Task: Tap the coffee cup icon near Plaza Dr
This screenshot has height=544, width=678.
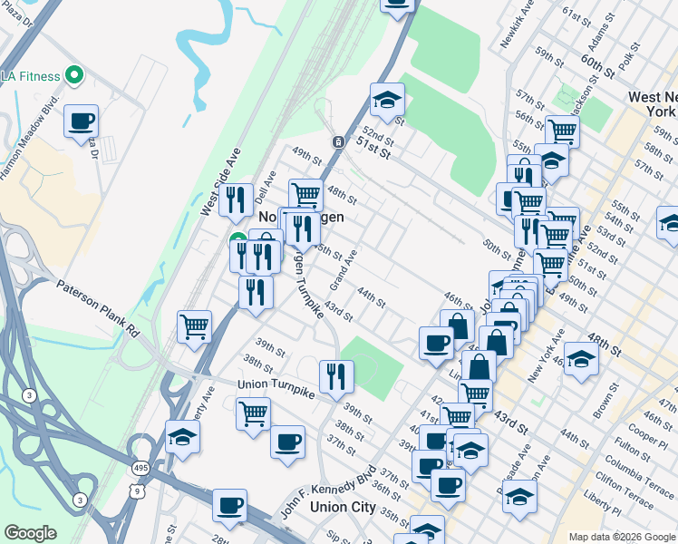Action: coord(81,121)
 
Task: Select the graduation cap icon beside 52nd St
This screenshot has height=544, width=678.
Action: coord(387,100)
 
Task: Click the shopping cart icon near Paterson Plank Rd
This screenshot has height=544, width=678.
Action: coord(195,326)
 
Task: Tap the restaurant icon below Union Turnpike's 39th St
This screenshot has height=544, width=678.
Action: coord(336,375)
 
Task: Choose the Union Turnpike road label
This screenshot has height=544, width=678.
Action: coord(276,385)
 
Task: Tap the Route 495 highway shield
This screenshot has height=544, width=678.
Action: coord(138,464)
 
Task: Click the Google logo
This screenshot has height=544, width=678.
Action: coord(30,533)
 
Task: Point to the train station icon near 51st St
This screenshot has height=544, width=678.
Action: coord(337,142)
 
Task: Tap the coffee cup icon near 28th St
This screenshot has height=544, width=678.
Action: coord(229,505)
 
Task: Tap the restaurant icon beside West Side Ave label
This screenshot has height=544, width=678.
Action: coord(236,199)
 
